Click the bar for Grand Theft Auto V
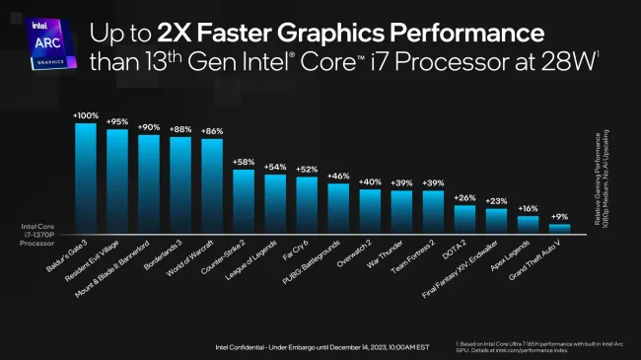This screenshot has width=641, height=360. [559, 227]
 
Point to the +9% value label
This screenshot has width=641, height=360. [559, 217]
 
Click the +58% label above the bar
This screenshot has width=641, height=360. [244, 161]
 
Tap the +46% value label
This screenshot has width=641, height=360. [338, 176]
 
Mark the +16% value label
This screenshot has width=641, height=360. [528, 209]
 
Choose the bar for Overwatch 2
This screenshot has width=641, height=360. [370, 209]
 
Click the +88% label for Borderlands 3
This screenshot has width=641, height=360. [180, 128]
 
